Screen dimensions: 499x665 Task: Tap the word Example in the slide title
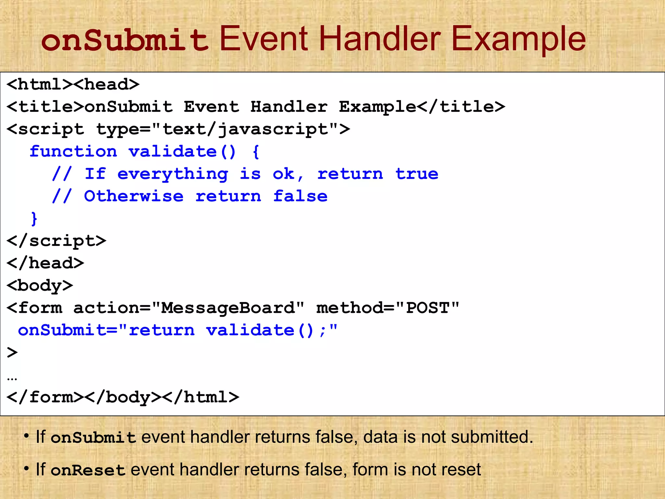[x=518, y=40]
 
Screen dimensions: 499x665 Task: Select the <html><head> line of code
[x=73, y=84]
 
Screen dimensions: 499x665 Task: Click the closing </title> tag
[x=461, y=107]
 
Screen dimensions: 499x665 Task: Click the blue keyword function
[x=73, y=152]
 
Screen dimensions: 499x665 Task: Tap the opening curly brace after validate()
[x=256, y=152]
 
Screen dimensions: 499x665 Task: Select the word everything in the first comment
[x=173, y=174]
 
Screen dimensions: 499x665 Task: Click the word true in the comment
[x=417, y=174]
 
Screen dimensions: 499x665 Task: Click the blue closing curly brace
[x=34, y=218]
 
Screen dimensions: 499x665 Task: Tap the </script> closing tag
[x=56, y=241]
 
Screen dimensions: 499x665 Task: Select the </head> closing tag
[x=45, y=263]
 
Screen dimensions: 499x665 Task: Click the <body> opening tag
[x=40, y=286]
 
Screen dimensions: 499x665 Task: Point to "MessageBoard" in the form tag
[x=228, y=308]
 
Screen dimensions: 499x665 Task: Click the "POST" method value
[x=428, y=308]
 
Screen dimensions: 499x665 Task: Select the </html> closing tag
[x=206, y=397]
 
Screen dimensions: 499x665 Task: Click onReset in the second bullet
[x=88, y=470]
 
